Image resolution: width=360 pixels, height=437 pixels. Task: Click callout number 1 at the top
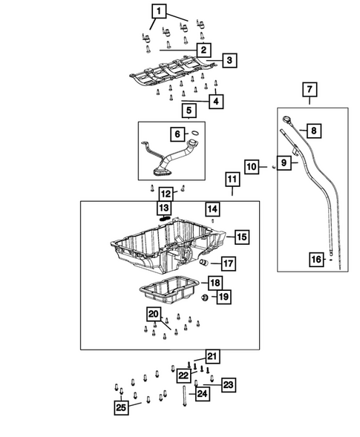click(x=159, y=11)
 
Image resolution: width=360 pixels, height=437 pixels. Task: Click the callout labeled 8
click(x=313, y=131)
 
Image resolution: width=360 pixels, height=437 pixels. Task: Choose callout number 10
click(x=252, y=167)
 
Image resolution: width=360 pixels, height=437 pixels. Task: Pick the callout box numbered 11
click(x=232, y=180)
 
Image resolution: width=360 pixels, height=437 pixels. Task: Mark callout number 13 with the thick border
click(x=163, y=207)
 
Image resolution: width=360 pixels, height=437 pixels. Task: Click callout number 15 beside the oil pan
click(x=242, y=237)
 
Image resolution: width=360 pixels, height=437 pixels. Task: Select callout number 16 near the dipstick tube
click(x=316, y=259)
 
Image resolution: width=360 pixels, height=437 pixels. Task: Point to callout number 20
click(x=154, y=315)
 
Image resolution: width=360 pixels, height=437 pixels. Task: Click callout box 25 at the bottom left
click(x=121, y=407)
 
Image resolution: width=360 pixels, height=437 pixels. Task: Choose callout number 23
click(x=228, y=384)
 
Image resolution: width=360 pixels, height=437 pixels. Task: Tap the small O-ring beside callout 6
click(x=195, y=133)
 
